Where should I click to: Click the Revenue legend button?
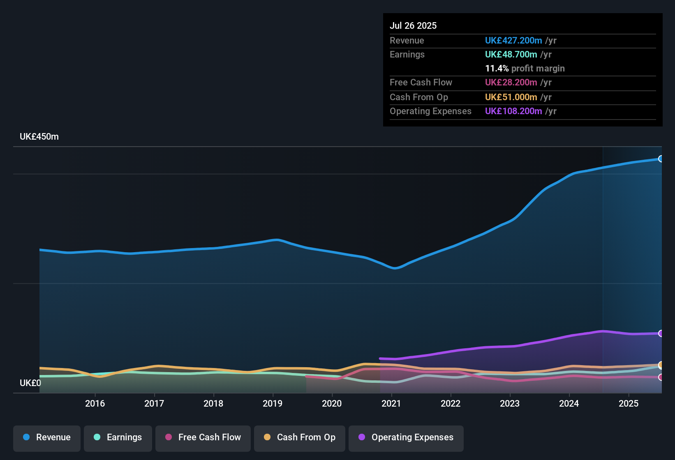click(47, 437)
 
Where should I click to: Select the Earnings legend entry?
click(118, 437)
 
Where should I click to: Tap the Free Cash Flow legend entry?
click(203, 437)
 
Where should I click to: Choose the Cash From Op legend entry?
click(300, 437)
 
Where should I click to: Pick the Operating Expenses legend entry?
click(406, 437)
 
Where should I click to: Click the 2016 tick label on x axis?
click(95, 403)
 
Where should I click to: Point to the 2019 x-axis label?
click(273, 403)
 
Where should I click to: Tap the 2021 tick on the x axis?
click(391, 403)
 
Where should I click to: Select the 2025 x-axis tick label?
click(629, 403)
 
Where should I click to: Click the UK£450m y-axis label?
click(39, 137)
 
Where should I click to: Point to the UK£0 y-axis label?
click(30, 383)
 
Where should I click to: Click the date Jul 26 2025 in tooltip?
click(413, 25)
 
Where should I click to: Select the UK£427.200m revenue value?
click(513, 40)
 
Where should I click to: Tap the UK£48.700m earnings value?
click(511, 54)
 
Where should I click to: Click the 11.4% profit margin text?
click(525, 68)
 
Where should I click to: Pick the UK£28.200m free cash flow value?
click(511, 82)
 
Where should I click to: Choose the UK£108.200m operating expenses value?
click(513, 111)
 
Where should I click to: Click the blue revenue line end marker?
click(661, 159)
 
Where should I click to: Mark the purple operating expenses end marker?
click(661, 333)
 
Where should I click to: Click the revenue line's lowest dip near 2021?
click(395, 268)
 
